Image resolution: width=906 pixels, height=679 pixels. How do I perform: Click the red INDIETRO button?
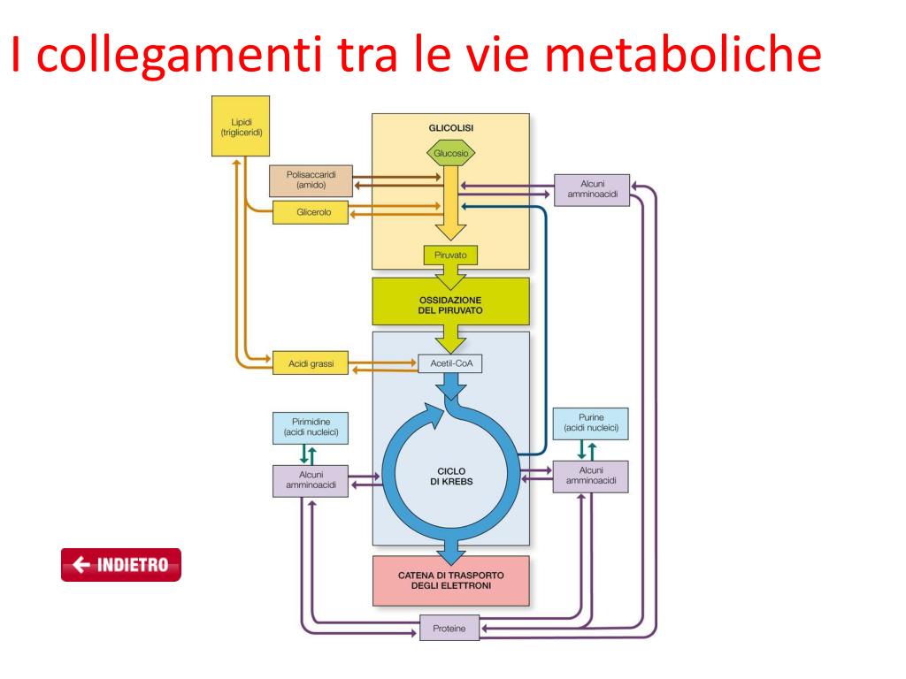120,565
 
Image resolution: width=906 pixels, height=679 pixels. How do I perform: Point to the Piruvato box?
450,255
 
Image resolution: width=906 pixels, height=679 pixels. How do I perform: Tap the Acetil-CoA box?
450,362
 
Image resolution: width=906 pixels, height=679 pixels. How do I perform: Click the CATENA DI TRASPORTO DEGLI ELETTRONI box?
450,580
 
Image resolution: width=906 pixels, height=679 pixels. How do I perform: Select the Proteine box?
449,629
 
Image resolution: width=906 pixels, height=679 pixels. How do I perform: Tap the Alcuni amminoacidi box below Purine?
590,476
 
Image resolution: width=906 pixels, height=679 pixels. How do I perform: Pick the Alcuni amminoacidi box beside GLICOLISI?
591,188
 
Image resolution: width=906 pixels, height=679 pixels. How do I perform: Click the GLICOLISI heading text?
450,127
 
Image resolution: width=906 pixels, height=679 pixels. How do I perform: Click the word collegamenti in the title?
178,55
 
